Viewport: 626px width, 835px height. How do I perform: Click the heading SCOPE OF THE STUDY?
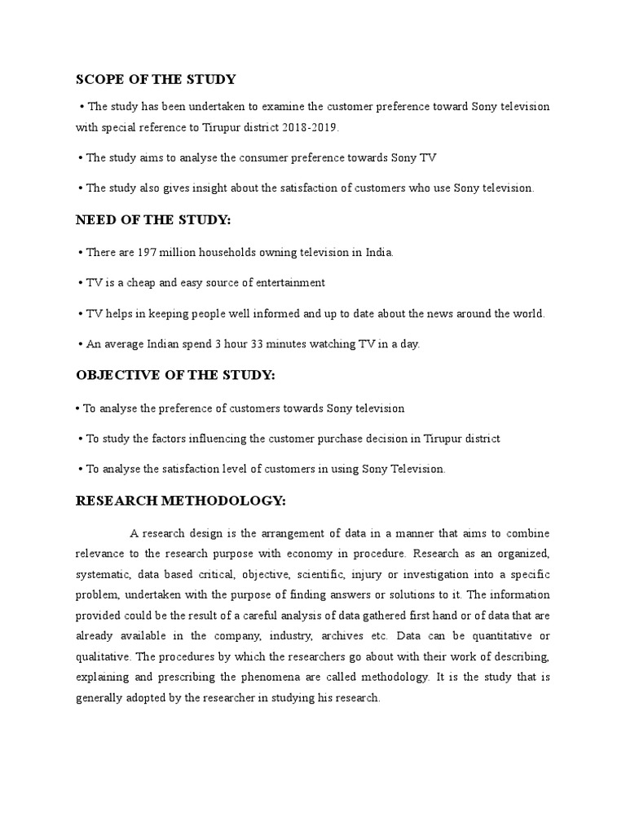(x=156, y=79)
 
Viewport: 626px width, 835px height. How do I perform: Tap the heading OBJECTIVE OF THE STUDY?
(x=176, y=375)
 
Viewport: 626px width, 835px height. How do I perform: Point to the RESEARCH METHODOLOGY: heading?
(x=181, y=500)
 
